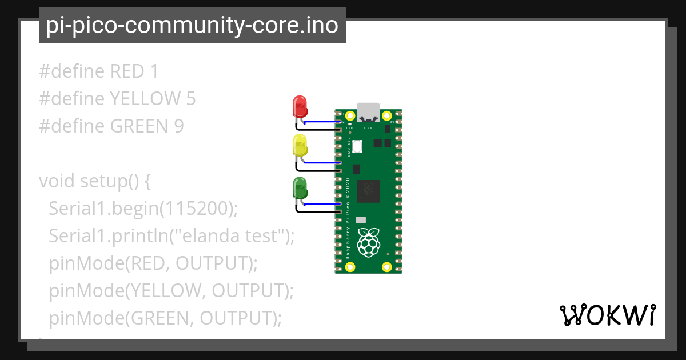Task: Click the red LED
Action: tap(300, 106)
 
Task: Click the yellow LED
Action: tap(300, 146)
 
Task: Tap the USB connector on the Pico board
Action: tap(369, 112)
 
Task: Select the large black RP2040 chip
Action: tap(369, 191)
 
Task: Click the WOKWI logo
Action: tap(607, 315)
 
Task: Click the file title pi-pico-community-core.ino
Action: tap(192, 25)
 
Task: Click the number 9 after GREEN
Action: tap(178, 126)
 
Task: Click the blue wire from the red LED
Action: tap(323, 122)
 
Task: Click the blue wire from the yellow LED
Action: tap(323, 163)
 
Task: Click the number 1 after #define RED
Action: tap(153, 71)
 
